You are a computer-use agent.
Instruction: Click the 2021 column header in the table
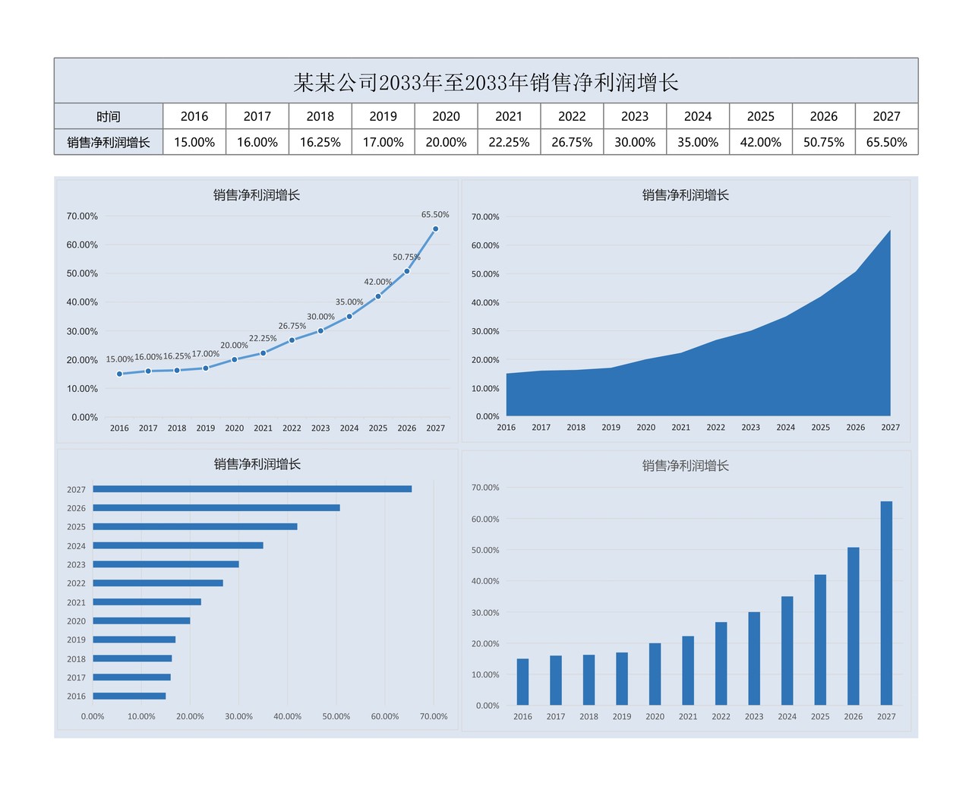(509, 116)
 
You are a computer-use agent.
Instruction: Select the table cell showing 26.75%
(572, 142)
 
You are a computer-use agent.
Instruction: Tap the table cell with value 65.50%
(886, 142)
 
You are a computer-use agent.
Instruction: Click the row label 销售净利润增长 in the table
(109, 142)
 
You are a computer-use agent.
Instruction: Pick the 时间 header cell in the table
(109, 116)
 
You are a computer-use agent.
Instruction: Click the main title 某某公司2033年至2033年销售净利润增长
(486, 82)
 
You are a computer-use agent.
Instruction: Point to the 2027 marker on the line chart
(435, 229)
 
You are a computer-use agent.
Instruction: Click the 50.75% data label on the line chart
(406, 257)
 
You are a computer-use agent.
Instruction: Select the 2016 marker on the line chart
(119, 374)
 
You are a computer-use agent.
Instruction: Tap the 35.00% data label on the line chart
(349, 302)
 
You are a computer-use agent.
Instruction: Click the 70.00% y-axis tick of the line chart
(82, 216)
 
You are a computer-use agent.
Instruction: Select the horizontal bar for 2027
(252, 489)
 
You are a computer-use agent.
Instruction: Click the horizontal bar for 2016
(129, 696)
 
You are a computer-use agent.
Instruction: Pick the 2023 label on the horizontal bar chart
(76, 564)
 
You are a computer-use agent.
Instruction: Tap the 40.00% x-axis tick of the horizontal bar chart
(288, 716)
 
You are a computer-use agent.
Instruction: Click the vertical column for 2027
(886, 603)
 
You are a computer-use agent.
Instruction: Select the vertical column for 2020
(655, 674)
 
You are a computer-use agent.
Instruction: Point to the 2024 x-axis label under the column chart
(787, 716)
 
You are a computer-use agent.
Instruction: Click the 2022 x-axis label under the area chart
(716, 428)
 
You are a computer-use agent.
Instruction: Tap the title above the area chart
(686, 195)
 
